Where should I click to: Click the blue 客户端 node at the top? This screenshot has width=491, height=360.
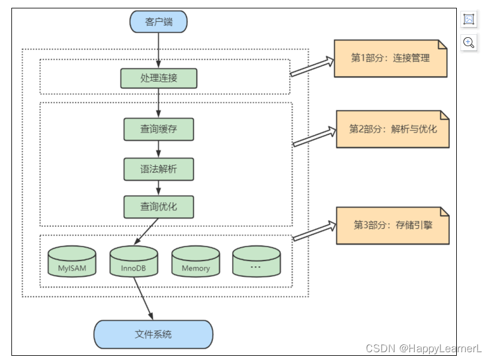158,22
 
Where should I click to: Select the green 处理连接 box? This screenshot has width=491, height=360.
158,78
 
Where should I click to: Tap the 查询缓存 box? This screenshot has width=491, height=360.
158,129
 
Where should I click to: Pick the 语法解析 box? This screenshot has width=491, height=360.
158,169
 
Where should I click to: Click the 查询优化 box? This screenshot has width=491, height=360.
158,207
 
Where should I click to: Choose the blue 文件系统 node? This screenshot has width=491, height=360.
153,334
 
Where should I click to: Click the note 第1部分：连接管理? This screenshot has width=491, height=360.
390,59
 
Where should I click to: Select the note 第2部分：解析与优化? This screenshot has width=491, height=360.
393,129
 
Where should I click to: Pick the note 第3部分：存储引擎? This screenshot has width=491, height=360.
393,225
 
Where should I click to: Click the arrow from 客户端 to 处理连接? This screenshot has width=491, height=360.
158,50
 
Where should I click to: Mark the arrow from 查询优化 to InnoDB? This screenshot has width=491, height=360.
147,232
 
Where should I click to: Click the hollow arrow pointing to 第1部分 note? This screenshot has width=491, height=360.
312,66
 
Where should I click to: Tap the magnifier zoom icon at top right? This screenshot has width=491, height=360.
469,43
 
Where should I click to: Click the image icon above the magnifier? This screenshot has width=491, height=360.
469,19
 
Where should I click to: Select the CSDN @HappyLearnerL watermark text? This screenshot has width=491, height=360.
424,348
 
